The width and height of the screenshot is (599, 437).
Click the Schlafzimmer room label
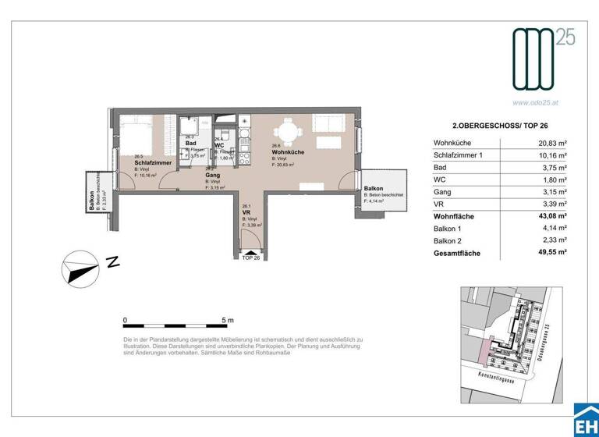[x=152, y=162]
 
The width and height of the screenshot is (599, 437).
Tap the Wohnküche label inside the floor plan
[x=287, y=151]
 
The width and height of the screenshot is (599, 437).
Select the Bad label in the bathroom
[x=190, y=143]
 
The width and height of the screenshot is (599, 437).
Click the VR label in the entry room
[x=246, y=212]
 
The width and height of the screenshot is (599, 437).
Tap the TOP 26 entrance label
[x=251, y=258]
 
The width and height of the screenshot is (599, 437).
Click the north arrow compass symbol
[x=81, y=269]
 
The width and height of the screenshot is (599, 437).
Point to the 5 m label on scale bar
[x=229, y=320]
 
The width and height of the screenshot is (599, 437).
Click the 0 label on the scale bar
[x=126, y=320]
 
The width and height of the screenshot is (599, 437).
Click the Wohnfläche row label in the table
[x=454, y=216]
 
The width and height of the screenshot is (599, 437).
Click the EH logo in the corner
[x=586, y=422]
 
